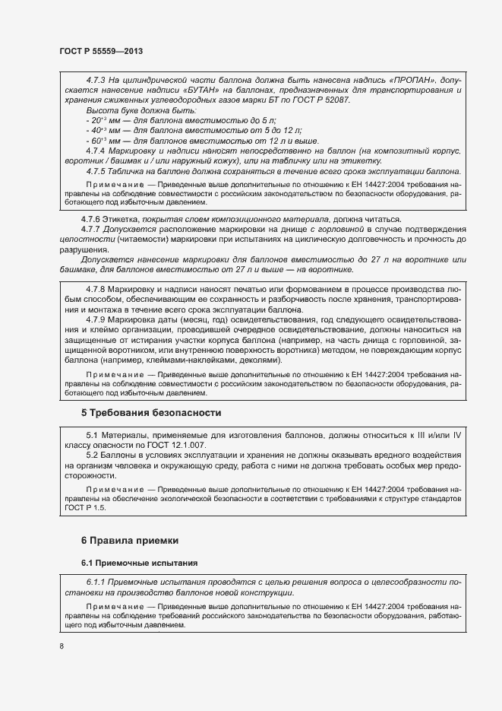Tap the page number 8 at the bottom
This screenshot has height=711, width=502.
click(61, 646)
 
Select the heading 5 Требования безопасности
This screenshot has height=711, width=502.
click(150, 413)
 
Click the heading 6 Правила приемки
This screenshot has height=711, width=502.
click(130, 540)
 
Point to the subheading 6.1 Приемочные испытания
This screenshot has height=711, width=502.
click(140, 563)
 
